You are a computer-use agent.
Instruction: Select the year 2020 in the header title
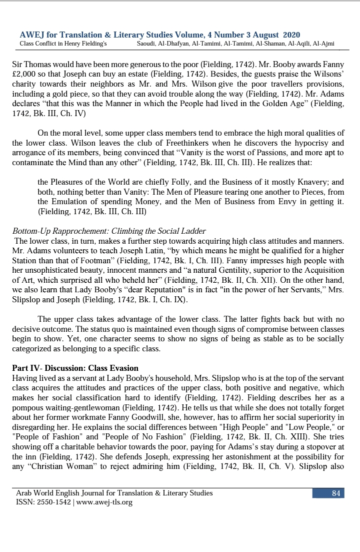[x=291, y=35]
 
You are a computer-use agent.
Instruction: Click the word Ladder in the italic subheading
[x=194, y=231]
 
